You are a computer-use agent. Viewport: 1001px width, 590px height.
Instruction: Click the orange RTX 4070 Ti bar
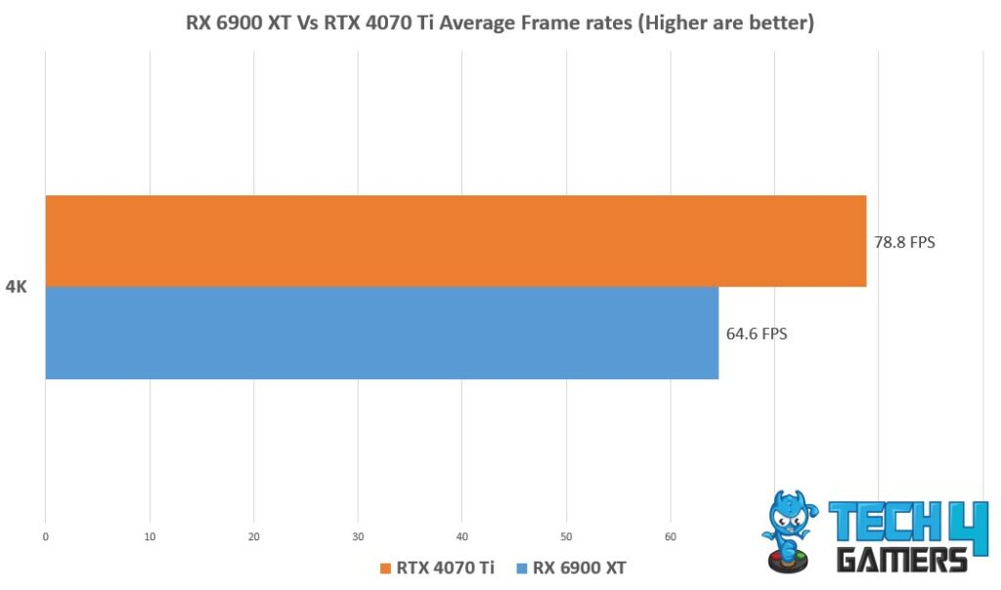click(456, 241)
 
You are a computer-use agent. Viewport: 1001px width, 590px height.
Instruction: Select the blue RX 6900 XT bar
click(381, 333)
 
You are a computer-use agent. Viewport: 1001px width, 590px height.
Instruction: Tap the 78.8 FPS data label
click(904, 241)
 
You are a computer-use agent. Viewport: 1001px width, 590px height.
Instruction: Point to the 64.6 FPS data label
click(756, 333)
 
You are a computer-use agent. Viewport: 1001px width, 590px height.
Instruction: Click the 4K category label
click(16, 288)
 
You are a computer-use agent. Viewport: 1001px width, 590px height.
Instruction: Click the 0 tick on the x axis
click(45, 536)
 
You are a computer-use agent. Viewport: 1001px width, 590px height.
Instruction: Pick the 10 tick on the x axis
click(150, 536)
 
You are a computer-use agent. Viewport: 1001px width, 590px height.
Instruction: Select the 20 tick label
click(253, 536)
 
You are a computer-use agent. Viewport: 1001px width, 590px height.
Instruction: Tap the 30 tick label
click(358, 536)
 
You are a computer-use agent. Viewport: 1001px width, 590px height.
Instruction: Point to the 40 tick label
click(461, 536)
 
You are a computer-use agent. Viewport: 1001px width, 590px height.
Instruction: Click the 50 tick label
click(566, 536)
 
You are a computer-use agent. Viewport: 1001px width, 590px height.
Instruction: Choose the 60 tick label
click(670, 536)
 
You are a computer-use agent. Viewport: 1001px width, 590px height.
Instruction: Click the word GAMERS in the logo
click(901, 560)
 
